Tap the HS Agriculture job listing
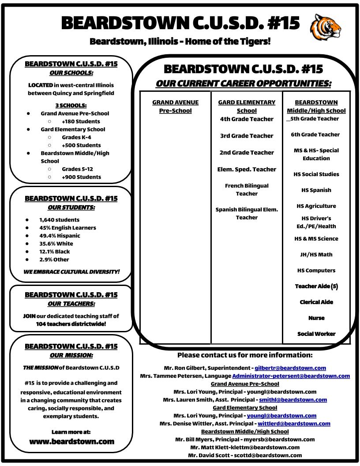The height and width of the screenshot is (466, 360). pyautogui.click(x=316, y=206)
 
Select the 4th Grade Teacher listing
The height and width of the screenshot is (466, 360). pyautogui.click(x=247, y=119)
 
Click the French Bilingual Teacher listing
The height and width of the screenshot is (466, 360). pyautogui.click(x=247, y=190)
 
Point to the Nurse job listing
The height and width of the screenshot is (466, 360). pyautogui.click(x=316, y=318)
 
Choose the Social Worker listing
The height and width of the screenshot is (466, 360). pyautogui.click(x=316, y=334)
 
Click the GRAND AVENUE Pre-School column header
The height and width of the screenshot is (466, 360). pyautogui.click(x=175, y=106)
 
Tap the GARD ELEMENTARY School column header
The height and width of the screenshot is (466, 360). pyautogui.click(x=247, y=106)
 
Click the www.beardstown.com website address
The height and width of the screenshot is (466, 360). pyautogui.click(x=71, y=441)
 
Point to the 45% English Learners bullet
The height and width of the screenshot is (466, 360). pyautogui.click(x=67, y=228)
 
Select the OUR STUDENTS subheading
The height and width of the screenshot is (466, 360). pyautogui.click(x=71, y=207)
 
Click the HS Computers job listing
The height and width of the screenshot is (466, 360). pyautogui.click(x=316, y=271)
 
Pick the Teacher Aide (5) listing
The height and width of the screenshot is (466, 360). pyautogui.click(x=316, y=286)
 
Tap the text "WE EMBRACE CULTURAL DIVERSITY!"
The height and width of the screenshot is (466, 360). pyautogui.click(x=71, y=271)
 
